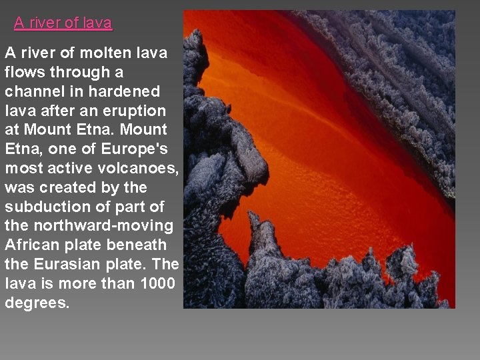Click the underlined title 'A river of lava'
pos(63,23)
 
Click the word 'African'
pos(30,245)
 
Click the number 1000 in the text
pos(158,284)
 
